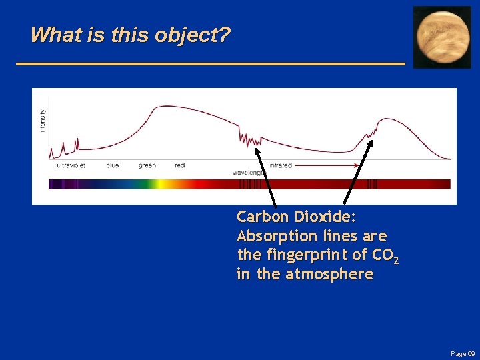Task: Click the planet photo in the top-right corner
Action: [x=443, y=37]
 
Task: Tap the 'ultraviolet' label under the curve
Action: [x=71, y=165]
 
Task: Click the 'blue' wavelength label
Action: [x=113, y=165]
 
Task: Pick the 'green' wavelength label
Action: [x=147, y=165]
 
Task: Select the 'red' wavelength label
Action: [x=179, y=165]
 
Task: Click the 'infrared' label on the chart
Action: [x=281, y=165]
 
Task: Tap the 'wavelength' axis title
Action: [x=247, y=173]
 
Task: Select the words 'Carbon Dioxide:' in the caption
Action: [x=297, y=217]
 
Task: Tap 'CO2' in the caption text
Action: [x=387, y=256]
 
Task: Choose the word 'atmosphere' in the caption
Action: [x=329, y=275]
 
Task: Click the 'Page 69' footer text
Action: [x=463, y=353]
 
